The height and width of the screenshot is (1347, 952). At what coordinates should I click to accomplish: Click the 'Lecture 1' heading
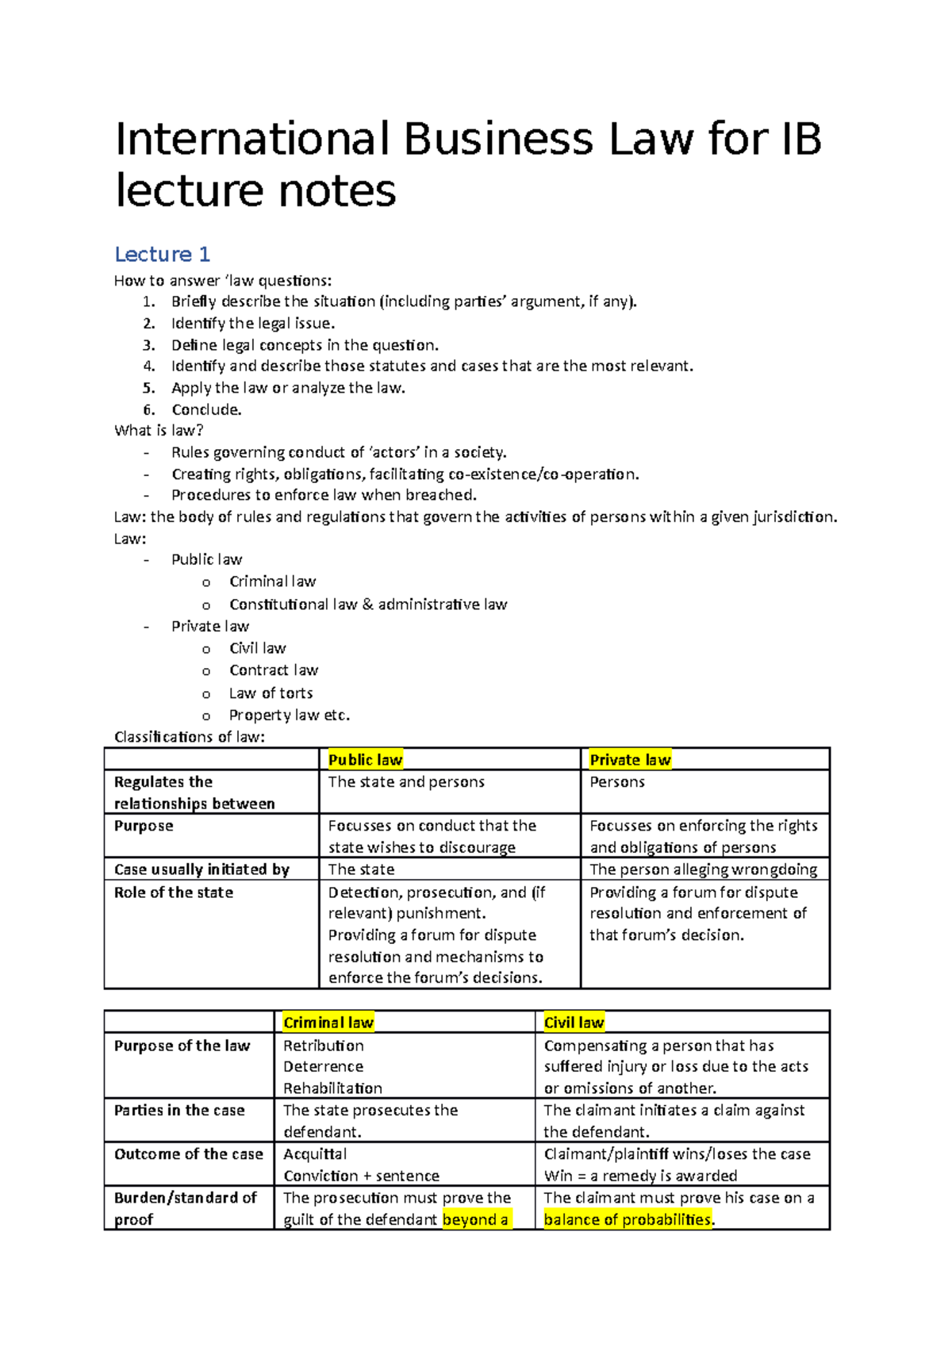162,255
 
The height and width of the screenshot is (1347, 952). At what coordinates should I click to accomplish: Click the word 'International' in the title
252,140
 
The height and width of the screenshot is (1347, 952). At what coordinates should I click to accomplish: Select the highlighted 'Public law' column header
365,760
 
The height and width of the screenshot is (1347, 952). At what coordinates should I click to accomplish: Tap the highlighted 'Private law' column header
630,760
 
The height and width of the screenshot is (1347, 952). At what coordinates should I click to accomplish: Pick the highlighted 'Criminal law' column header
328,1023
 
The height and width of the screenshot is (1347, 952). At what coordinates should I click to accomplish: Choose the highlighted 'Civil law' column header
574,1023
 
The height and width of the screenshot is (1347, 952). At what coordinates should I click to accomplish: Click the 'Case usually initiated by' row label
202,869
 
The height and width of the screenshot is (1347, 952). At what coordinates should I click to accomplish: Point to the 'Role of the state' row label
174,892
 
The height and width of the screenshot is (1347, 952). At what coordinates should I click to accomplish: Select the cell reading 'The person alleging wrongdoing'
703,869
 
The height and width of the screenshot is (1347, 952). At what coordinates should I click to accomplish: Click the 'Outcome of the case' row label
188,1154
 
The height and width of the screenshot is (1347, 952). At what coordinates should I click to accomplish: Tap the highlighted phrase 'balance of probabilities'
627,1219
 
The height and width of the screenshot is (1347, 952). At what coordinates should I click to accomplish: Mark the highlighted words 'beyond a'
475,1219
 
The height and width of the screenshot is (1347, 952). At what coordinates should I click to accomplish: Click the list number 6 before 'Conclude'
148,410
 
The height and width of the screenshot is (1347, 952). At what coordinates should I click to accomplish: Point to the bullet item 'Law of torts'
271,693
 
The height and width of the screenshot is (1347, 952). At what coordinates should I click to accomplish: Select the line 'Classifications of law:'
189,737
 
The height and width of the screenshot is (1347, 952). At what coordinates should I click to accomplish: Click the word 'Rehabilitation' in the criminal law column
332,1088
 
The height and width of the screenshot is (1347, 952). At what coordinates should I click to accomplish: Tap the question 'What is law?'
159,431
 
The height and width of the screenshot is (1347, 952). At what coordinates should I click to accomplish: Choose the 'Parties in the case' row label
179,1111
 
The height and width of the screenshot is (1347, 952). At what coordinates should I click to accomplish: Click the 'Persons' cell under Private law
617,782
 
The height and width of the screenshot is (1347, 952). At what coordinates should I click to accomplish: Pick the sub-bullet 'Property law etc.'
289,715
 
